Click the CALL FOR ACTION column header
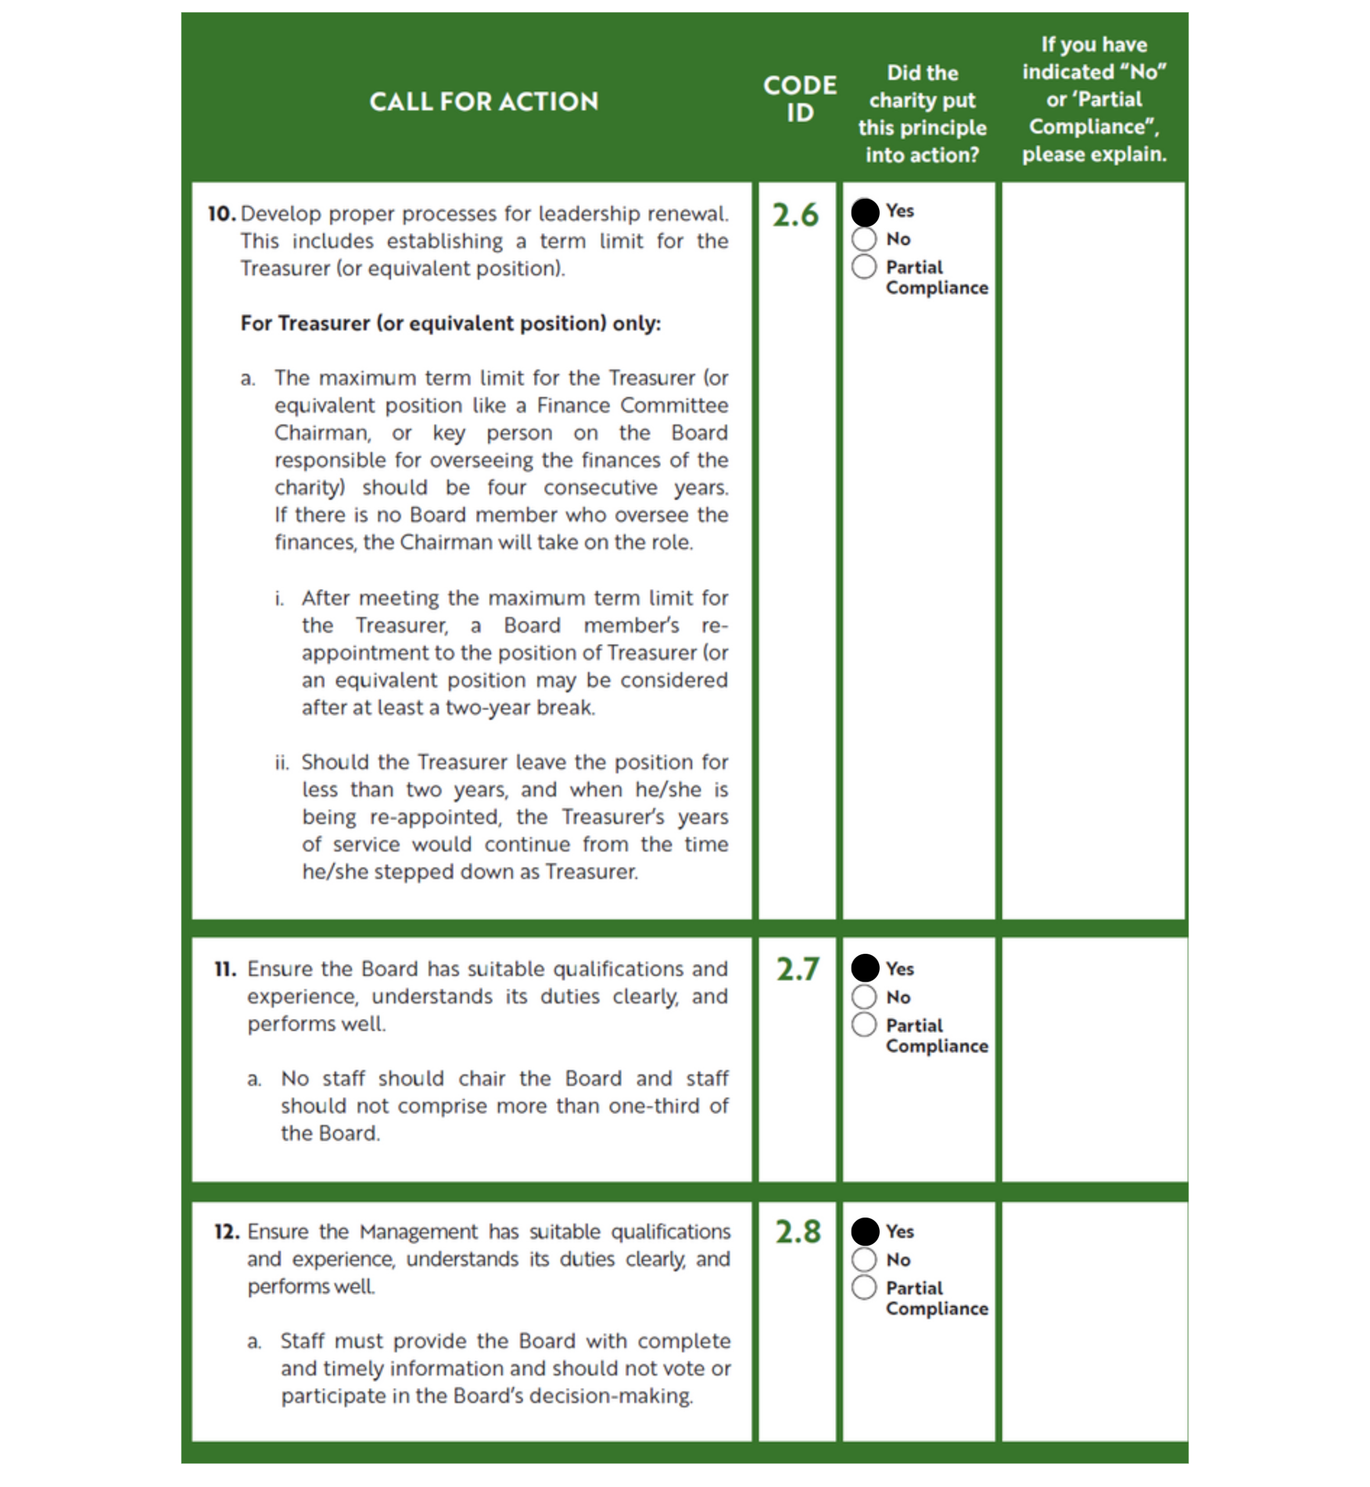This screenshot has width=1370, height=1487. pyautogui.click(x=483, y=102)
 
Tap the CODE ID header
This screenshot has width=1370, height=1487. pyautogui.click(x=799, y=99)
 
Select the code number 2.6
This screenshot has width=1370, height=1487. pyautogui.click(x=795, y=215)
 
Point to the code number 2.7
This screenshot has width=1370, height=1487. pyautogui.click(x=797, y=969)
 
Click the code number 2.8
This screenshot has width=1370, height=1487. pyautogui.click(x=798, y=1232)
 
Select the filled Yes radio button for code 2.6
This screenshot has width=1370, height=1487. pyautogui.click(x=865, y=212)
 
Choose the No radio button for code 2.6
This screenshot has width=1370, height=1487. pyautogui.click(x=864, y=239)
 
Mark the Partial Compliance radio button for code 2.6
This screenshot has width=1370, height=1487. pyautogui.click(x=864, y=267)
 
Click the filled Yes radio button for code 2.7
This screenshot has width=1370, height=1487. pyautogui.click(x=865, y=968)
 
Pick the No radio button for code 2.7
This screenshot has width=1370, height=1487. pyautogui.click(x=864, y=997)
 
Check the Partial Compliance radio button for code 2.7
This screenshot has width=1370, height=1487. pyautogui.click(x=864, y=1025)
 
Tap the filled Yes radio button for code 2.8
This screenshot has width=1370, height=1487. pyautogui.click(x=865, y=1231)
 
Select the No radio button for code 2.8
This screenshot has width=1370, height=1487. pyautogui.click(x=864, y=1259)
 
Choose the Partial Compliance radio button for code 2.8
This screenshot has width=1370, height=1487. pyautogui.click(x=864, y=1288)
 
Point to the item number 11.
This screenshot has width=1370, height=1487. pyautogui.click(x=225, y=969)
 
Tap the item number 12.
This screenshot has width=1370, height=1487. pyautogui.click(x=226, y=1232)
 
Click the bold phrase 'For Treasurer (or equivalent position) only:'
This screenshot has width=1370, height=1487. pyautogui.click(x=450, y=324)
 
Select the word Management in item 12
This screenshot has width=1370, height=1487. pyautogui.click(x=419, y=1232)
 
